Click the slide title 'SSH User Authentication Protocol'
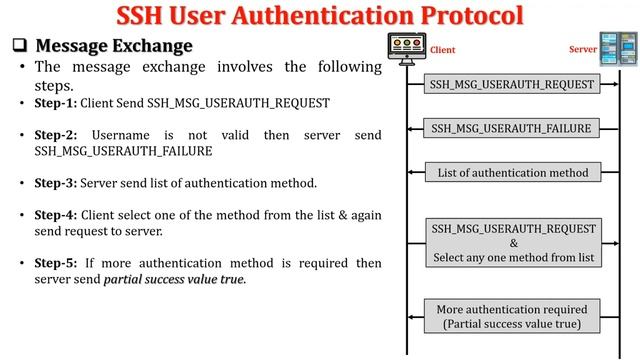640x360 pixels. pos(320,16)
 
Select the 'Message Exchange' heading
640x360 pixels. pos(113,46)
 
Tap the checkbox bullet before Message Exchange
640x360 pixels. pos(19,46)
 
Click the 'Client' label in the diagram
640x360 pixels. pos(442,49)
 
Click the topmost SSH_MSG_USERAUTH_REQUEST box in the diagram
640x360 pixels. pos(512,84)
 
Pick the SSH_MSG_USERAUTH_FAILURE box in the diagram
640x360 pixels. pos(512,128)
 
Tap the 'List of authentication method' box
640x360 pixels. pos(512,172)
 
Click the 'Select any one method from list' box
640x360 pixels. pos(513,243)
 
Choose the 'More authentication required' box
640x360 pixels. pos(512,316)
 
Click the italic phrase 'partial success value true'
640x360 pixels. pos(174,279)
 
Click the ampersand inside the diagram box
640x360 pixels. pos(513,243)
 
